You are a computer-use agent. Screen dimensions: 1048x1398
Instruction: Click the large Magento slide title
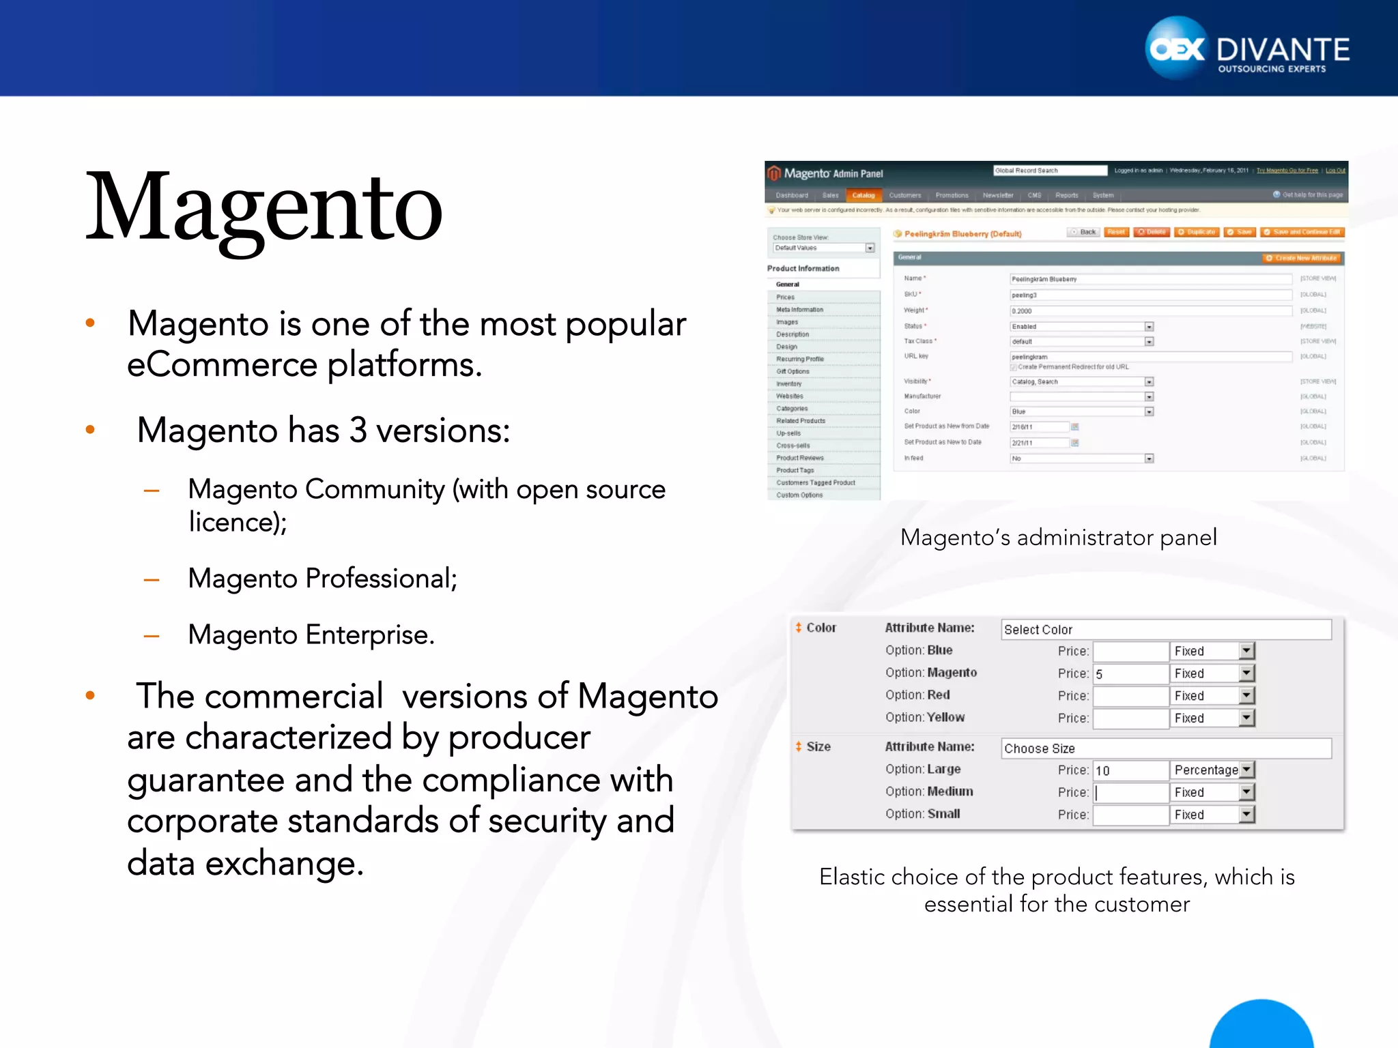tap(264, 208)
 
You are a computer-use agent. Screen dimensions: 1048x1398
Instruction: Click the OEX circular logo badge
tap(1177, 48)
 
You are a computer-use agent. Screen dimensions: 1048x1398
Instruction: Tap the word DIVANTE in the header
tap(1283, 49)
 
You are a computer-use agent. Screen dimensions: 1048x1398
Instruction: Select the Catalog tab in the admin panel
tap(863, 195)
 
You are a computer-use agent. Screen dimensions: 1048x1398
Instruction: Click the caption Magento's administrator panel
tap(1058, 538)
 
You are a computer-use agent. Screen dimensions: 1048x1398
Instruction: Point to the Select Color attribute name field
tap(1165, 630)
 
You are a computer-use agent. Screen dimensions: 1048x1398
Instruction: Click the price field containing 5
tap(1130, 674)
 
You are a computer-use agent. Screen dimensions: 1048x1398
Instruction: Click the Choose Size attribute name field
tap(1165, 748)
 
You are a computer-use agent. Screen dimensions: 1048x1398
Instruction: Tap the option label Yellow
tap(945, 718)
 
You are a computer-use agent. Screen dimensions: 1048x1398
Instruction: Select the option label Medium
tap(950, 791)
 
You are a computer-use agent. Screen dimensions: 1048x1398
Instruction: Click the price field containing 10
tap(1130, 770)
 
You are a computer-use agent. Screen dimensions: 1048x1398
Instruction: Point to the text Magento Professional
tap(322, 579)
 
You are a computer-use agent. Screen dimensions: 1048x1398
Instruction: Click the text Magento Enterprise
tap(311, 635)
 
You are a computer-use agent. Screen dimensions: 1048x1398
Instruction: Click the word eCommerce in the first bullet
tap(222, 365)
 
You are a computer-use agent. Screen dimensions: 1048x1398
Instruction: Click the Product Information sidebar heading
tap(803, 269)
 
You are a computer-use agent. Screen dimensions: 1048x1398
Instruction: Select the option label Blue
tap(939, 651)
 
